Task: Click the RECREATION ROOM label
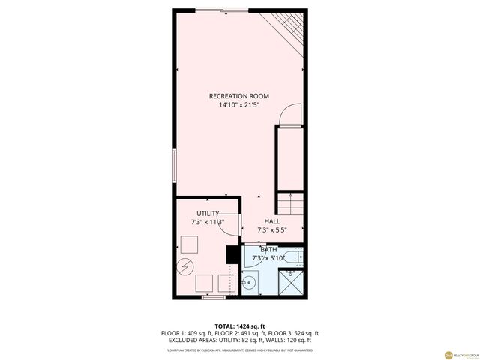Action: [x=239, y=96]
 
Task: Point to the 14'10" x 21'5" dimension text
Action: [x=239, y=105]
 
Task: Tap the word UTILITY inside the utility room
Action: [x=208, y=214]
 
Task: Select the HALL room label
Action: [x=271, y=222]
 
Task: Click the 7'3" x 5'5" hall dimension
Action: [x=271, y=230]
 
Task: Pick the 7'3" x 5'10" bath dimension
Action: [x=268, y=258]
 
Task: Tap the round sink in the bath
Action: [x=250, y=283]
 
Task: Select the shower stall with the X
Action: [x=291, y=283]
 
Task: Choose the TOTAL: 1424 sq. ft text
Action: [x=239, y=326]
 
